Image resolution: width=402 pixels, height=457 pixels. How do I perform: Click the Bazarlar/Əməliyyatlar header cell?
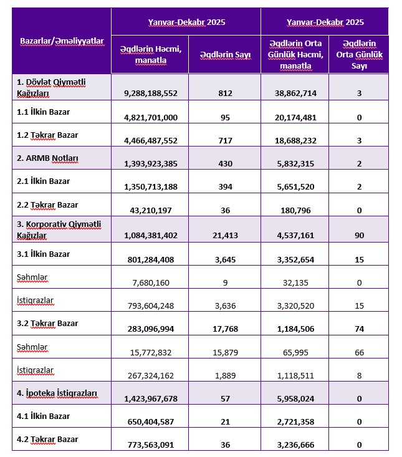pos(61,41)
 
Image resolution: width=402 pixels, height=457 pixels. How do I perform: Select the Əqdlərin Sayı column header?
pos(225,55)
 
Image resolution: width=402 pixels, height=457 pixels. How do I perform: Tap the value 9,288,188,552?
pos(151,93)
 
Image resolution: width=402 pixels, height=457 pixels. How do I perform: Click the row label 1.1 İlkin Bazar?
pos(44,112)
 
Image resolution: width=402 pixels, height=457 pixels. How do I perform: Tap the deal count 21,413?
pos(225,236)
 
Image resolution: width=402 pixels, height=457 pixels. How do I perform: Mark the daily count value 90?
pos(358,236)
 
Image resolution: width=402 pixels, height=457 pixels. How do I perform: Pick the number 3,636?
pos(225,304)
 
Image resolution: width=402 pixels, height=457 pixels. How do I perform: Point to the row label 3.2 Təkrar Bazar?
pos(47,324)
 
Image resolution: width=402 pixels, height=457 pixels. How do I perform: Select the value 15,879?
pos(225,351)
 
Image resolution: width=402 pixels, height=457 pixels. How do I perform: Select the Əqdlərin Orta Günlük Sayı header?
pos(358,55)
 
